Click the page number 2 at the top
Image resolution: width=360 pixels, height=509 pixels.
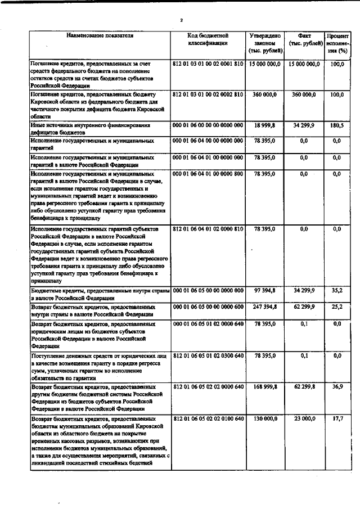pos(182,21)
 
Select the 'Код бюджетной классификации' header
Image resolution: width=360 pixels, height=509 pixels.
pos(208,39)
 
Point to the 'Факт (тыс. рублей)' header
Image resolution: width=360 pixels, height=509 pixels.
pos(305,39)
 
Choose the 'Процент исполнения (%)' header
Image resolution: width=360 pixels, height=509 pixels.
pos(337,43)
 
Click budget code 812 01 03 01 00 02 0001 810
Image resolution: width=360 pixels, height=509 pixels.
pos(208,65)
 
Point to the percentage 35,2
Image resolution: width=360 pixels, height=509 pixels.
pos(337,290)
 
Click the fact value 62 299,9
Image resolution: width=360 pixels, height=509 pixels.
pos(305,308)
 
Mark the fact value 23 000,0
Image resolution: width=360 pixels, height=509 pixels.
pos(305,420)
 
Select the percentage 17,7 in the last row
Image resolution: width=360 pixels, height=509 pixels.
pos(337,420)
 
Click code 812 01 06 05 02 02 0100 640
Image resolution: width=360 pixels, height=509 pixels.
pos(208,420)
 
